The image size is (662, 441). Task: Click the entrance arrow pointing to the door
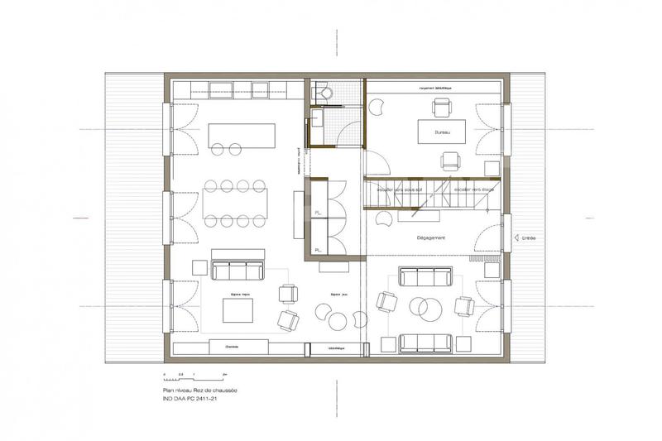516,238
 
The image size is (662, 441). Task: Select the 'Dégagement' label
431,238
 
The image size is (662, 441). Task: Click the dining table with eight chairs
235,202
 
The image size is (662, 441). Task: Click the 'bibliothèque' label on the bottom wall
335,348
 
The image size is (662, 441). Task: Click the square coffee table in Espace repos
237,311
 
